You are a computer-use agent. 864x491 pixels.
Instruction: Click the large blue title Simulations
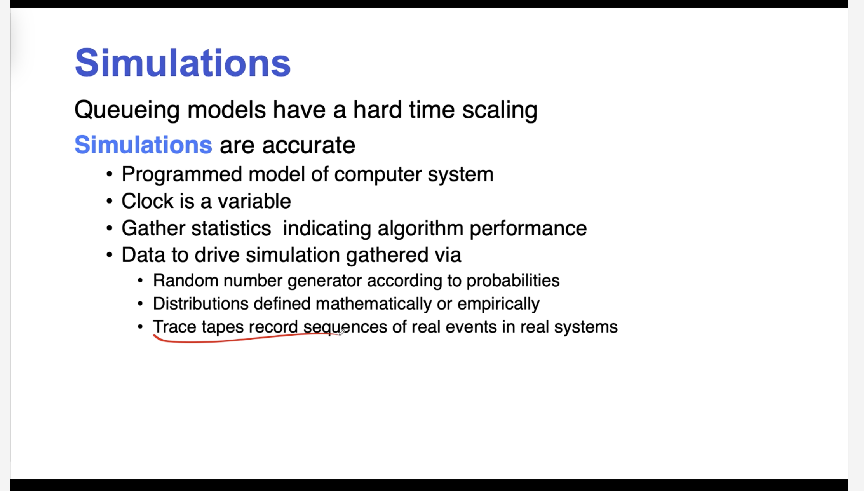coord(183,63)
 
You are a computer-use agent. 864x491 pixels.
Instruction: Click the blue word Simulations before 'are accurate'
coord(143,145)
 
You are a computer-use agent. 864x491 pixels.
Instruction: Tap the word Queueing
coord(127,110)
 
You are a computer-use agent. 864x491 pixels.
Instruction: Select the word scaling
coord(500,110)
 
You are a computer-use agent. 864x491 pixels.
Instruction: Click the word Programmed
coord(182,175)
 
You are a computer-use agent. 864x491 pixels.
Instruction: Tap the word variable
coord(254,201)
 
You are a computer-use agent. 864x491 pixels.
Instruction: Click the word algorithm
coord(420,229)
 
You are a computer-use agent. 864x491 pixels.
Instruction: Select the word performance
coord(528,229)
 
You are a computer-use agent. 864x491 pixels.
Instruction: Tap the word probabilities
coord(513,281)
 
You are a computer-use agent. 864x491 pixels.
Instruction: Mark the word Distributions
coord(200,304)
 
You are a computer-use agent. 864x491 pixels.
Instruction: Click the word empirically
coord(498,304)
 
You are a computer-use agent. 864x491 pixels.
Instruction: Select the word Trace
coord(174,327)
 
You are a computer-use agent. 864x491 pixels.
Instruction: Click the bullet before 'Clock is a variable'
coord(110,202)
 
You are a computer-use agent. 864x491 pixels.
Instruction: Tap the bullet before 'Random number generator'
coord(140,280)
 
